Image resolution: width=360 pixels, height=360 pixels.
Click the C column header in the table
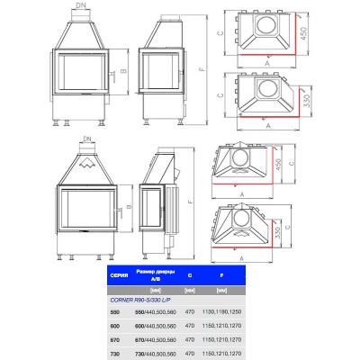coord(189,273)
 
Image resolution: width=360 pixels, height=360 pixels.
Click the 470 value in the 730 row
coord(189,354)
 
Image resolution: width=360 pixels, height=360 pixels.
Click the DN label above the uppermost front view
coord(85,6)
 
